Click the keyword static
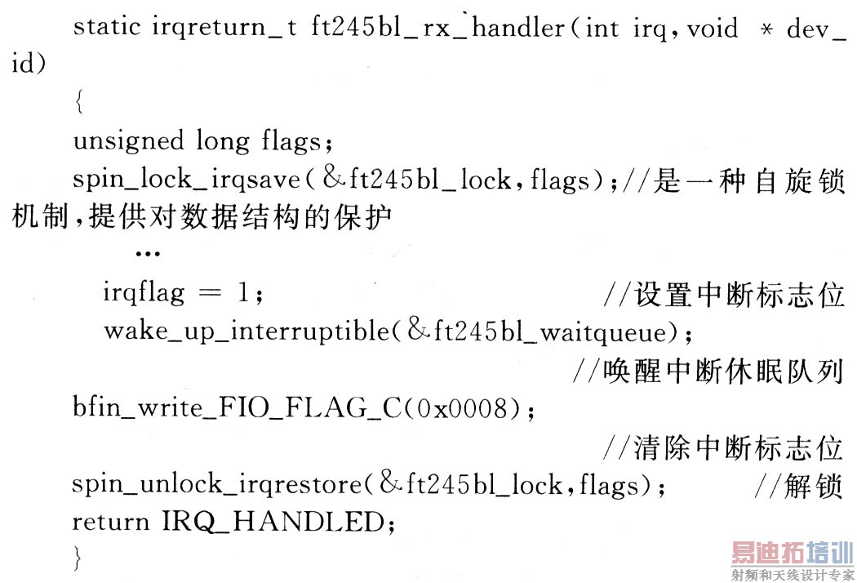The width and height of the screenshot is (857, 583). click(x=109, y=28)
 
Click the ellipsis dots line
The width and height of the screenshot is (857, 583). click(x=147, y=254)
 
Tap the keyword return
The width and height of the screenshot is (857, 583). click(x=108, y=522)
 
